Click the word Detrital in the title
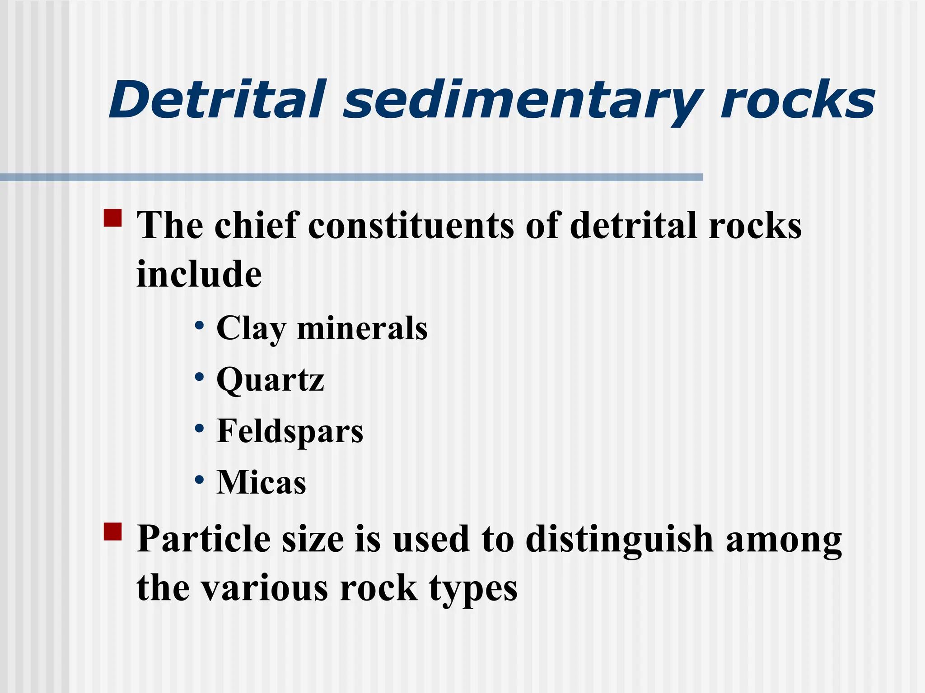(216, 100)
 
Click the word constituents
(411, 226)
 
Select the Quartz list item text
(270, 380)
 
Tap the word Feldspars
(290, 431)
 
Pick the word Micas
(261, 482)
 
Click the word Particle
(204, 539)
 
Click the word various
(264, 588)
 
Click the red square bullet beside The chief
(112, 217)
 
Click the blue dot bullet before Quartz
(199, 377)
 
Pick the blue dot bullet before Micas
(199, 480)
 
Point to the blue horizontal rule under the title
(351, 177)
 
